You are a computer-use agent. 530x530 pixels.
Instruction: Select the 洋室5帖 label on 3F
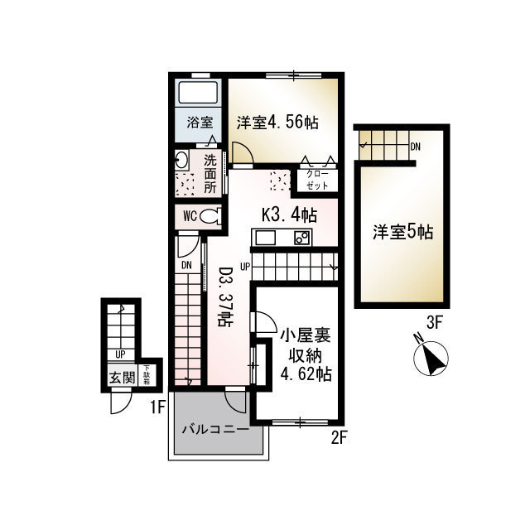(x=402, y=233)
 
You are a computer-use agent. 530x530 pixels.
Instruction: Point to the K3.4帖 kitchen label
(x=289, y=215)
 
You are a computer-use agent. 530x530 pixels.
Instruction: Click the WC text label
(x=189, y=217)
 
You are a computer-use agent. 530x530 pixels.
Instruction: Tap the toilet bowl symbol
(x=211, y=217)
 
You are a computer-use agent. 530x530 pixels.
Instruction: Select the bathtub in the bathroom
(x=199, y=92)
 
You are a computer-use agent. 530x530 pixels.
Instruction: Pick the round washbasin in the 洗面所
(x=182, y=161)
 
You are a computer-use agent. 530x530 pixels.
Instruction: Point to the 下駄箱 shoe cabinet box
(x=147, y=375)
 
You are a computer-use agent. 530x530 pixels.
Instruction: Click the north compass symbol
(x=431, y=356)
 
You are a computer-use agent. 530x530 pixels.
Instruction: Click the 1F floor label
(x=158, y=407)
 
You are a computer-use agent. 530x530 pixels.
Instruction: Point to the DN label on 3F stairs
(x=416, y=147)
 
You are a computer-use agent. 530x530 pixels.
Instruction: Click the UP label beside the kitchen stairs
(x=245, y=267)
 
